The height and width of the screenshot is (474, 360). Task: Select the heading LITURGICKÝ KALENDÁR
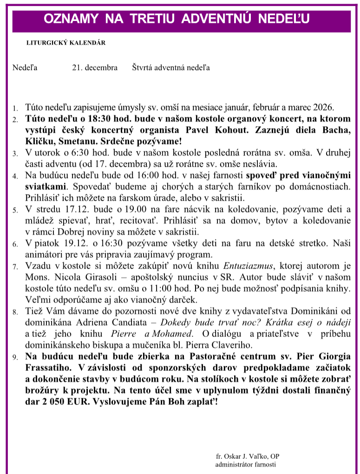point(65,43)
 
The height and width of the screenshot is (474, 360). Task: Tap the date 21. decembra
point(95,68)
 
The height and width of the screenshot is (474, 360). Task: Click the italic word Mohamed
point(174,334)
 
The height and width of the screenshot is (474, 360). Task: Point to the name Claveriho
point(233,345)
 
